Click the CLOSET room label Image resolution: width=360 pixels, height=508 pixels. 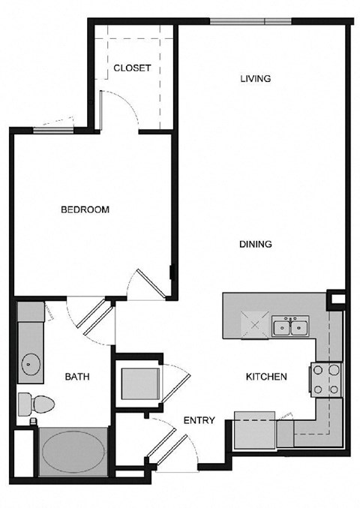[132, 68]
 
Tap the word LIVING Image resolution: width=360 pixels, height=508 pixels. [255, 79]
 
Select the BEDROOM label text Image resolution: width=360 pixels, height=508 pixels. [85, 209]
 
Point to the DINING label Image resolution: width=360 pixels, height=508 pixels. [255, 244]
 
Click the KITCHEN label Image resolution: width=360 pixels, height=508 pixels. [266, 377]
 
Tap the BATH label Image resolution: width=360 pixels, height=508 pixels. [77, 377]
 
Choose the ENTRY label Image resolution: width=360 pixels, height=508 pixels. [199, 420]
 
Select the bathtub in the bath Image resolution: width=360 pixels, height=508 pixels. [73, 452]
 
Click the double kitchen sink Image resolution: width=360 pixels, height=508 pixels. [291, 326]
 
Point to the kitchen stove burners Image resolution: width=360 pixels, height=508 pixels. [326, 380]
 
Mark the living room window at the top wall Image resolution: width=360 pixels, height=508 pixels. [250, 20]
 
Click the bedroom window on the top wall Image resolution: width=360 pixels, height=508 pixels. [52, 131]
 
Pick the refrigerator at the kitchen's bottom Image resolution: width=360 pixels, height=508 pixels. [255, 431]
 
